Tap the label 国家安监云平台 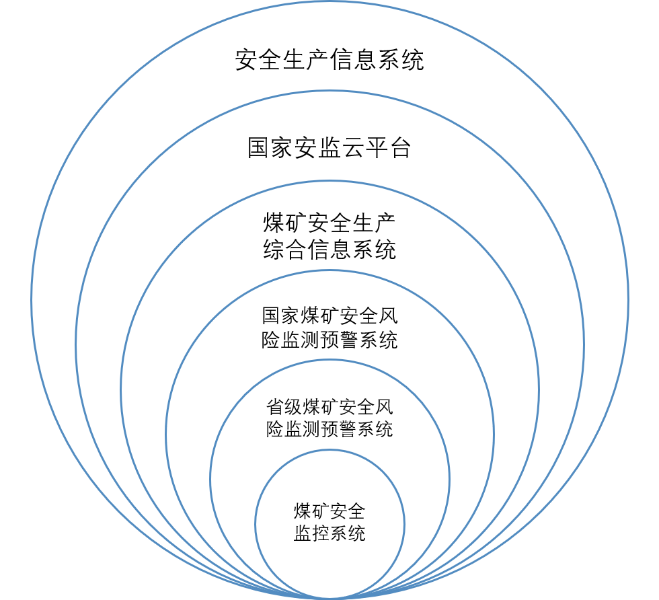(329, 147)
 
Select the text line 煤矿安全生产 (329, 223)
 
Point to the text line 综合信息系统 (329, 250)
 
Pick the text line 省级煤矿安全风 (329, 407)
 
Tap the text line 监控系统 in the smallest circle (329, 533)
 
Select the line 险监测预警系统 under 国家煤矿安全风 (329, 340)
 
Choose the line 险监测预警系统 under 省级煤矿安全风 (329, 429)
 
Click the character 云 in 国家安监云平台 (352, 147)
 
